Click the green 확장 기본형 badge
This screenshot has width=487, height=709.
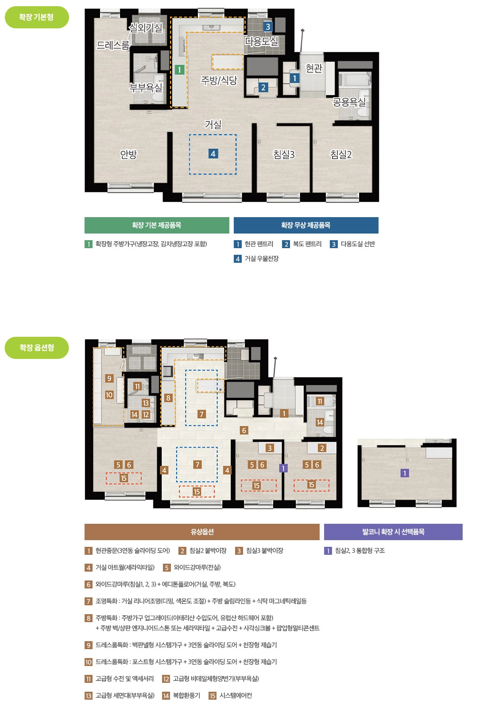[37, 17]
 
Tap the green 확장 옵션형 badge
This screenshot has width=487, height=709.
[37, 347]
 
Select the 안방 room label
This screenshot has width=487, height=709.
[128, 154]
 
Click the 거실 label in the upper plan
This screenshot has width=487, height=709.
[213, 125]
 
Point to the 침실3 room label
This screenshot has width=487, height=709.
[284, 154]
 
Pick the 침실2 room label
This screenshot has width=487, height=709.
[341, 154]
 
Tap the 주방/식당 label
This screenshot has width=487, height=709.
[219, 80]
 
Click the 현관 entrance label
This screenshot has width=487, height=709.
[314, 68]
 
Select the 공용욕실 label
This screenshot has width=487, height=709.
[349, 102]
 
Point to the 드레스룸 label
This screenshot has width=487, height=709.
[113, 45]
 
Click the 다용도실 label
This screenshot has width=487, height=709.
[262, 41]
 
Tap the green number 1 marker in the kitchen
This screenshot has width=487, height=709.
[179, 69]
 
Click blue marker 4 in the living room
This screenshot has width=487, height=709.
[213, 154]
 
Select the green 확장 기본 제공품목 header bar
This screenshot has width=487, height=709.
[157, 225]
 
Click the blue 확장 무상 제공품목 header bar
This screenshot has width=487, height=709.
[306, 225]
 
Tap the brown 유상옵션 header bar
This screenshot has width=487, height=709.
[202, 532]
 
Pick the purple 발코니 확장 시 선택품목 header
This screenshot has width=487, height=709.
[394, 532]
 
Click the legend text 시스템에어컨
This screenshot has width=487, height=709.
[236, 695]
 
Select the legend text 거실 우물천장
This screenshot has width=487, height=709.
[262, 259]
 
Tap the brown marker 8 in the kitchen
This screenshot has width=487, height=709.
[168, 397]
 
